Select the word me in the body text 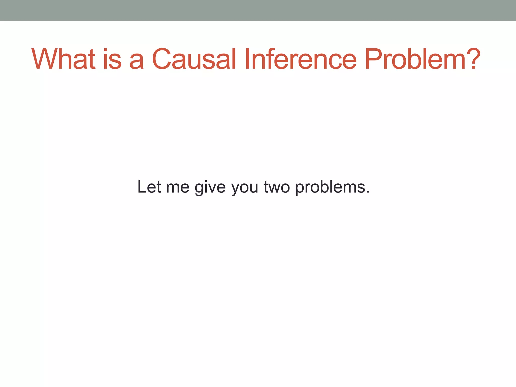[178, 188]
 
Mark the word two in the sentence [277, 188]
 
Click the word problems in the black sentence [330, 188]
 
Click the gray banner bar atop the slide [258, 10]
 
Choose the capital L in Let [141, 187]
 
